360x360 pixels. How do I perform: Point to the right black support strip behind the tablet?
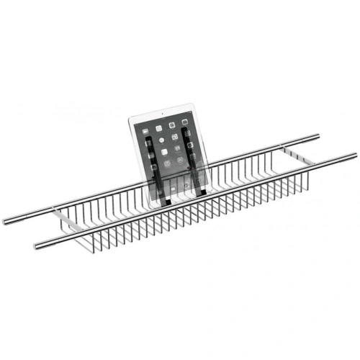click(x=191, y=158)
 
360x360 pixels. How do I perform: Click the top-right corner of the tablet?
click(x=193, y=104)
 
